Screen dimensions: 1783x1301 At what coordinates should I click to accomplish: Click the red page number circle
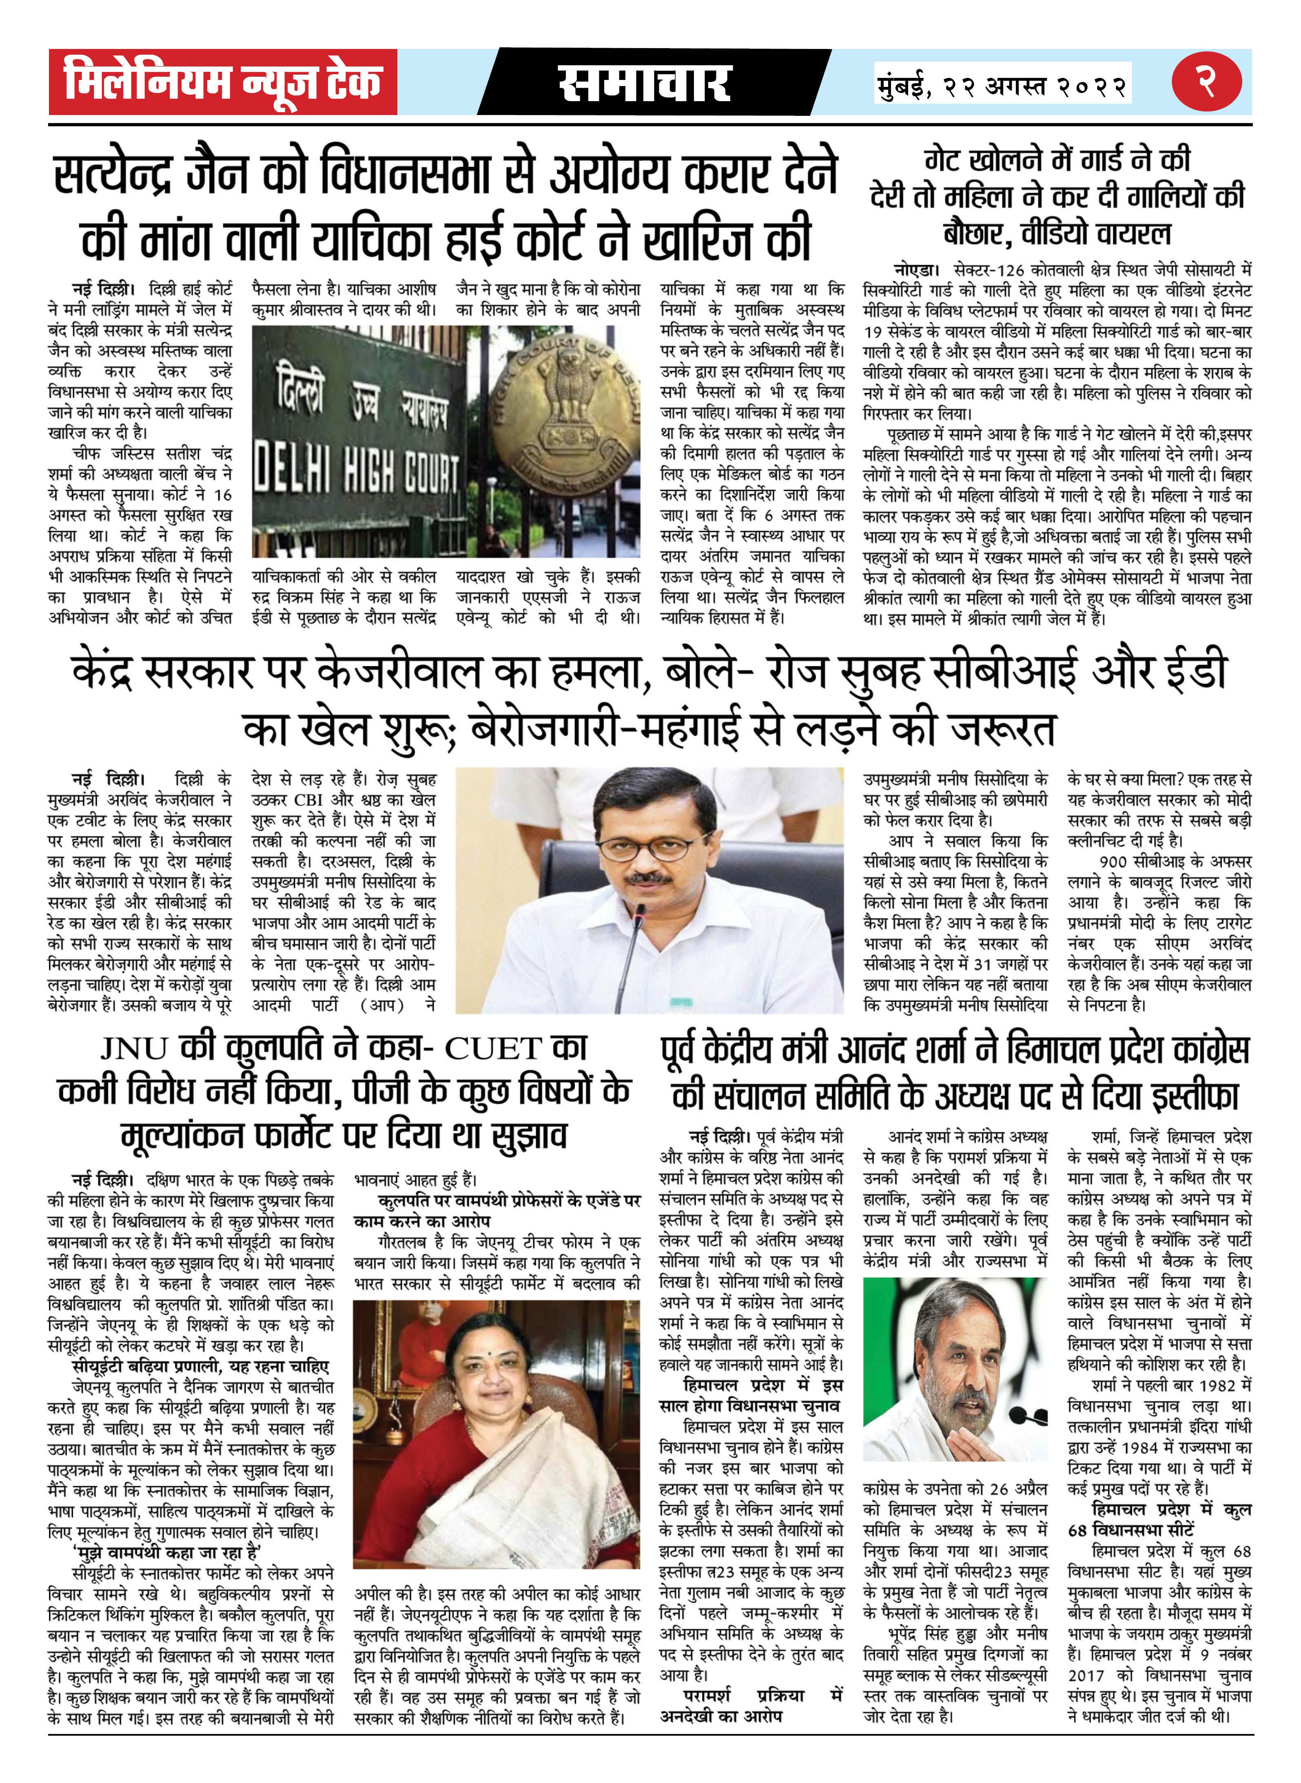1206,82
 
